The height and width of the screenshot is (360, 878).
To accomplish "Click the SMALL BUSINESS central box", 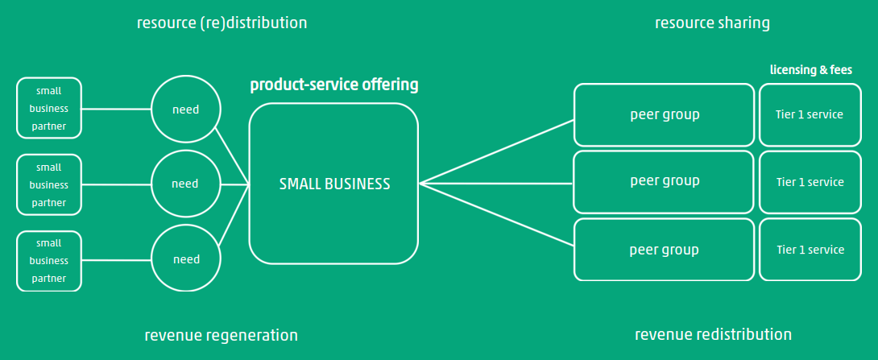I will point(333,184).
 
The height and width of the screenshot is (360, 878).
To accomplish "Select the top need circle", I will point(186,109).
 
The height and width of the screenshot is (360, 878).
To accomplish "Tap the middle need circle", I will point(186,184).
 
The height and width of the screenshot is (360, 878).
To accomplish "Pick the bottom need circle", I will point(186,259).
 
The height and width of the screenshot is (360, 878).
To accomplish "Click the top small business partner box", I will point(49,108).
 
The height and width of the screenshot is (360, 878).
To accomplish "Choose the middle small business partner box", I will point(49,184).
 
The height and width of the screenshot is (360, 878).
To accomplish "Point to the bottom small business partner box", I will point(49,261).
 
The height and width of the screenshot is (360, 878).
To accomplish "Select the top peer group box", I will point(665,114).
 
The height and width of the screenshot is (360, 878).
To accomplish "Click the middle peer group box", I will point(665,181).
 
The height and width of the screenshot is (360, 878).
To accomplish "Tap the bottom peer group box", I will point(665,249).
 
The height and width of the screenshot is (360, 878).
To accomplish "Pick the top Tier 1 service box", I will point(810,114).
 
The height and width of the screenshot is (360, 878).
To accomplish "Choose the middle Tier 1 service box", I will point(810,182).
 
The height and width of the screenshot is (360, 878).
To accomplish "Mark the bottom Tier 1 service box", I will point(810,250).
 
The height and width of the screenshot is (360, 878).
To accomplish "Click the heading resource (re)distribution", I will point(222,23).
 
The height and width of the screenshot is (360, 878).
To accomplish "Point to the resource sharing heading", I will point(712,23).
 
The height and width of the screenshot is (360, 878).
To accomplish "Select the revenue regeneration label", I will point(221,335).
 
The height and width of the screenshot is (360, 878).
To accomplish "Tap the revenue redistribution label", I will point(713,334).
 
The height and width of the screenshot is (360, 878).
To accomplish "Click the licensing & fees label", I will point(810,71).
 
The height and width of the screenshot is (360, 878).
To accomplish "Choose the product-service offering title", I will point(333,85).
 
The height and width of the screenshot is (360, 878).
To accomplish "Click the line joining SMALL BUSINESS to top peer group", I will point(496,152).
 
